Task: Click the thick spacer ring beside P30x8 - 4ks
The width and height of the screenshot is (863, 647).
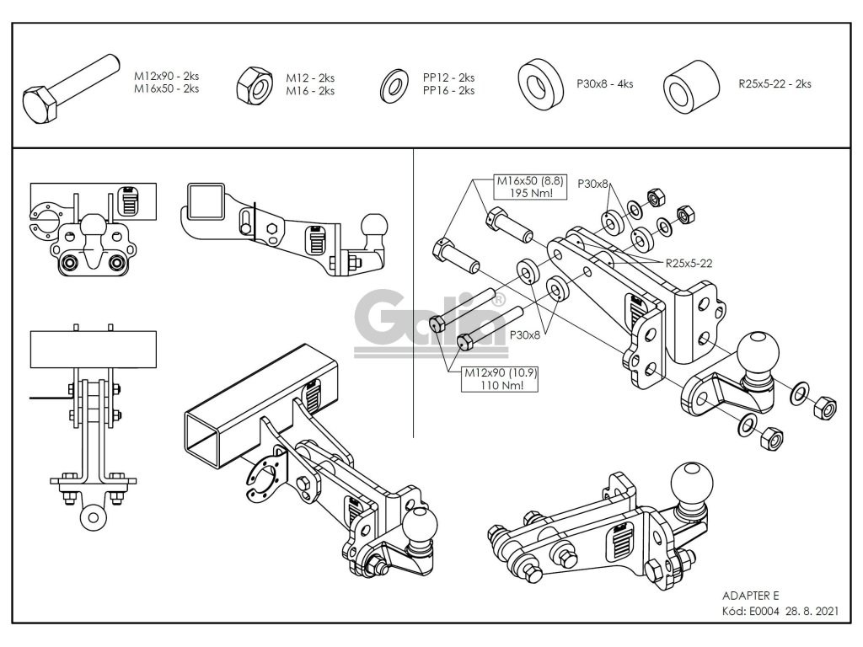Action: pos(540,83)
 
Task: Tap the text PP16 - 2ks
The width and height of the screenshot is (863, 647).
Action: pos(448,90)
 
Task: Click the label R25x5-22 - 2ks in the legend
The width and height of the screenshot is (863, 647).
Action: pos(775,83)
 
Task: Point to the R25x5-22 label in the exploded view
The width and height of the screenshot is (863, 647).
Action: pos(689,263)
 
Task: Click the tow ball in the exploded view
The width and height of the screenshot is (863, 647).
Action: pos(755,353)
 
